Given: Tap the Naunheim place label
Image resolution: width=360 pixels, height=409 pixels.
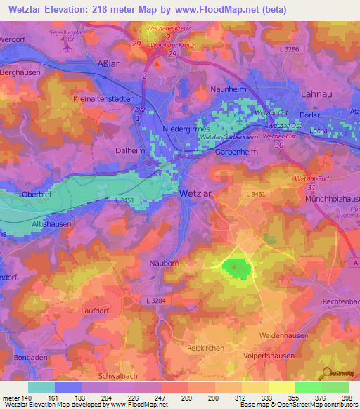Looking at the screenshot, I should click(x=229, y=90).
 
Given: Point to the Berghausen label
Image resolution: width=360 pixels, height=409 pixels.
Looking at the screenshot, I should click(x=21, y=72).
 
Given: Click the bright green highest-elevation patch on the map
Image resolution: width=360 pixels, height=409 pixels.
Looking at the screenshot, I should click(x=236, y=268).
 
